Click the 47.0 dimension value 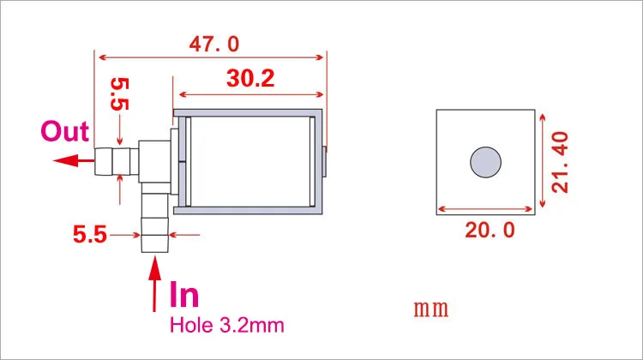[x=214, y=44]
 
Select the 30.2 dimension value [x=250, y=78]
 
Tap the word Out [x=65, y=131]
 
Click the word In [x=184, y=294]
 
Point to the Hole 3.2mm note [x=227, y=326]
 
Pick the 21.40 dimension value [x=560, y=162]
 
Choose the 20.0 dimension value [x=490, y=230]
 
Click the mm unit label [x=431, y=309]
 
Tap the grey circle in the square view [x=485, y=162]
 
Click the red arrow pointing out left [x=74, y=160]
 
